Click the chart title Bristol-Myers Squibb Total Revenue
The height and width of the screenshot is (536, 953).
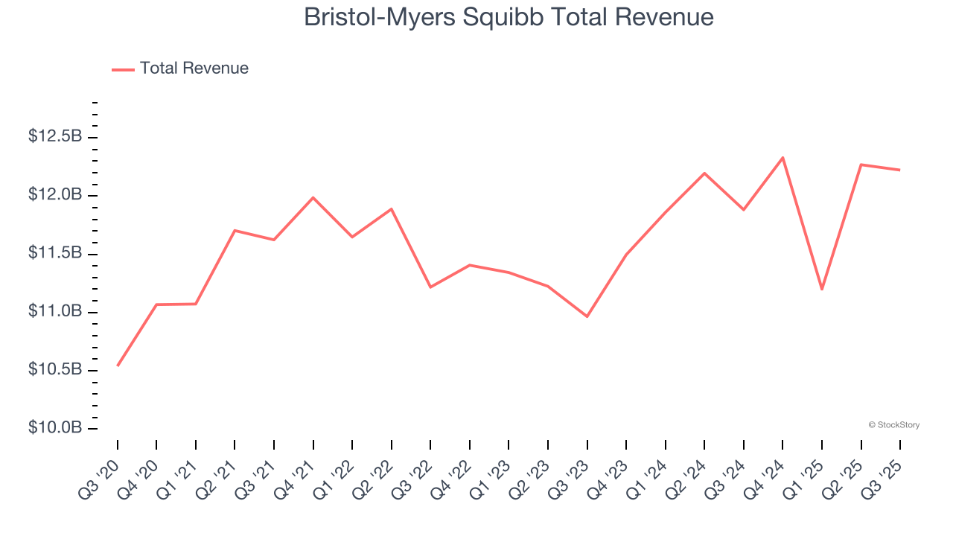tap(509, 17)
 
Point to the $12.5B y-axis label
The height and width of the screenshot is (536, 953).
tap(55, 137)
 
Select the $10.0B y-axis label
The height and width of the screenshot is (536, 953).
tap(55, 428)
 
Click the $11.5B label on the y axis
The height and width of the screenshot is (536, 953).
tap(55, 253)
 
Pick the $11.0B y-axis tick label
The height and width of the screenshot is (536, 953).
tap(55, 311)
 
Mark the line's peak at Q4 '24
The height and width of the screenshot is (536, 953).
tap(783, 158)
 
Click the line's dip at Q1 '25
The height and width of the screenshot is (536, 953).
tap(822, 289)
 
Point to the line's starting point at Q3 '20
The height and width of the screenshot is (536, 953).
tap(118, 366)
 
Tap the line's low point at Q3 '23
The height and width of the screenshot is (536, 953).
tap(587, 316)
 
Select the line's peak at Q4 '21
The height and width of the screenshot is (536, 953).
tap(313, 197)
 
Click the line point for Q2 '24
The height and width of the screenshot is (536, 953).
tap(704, 173)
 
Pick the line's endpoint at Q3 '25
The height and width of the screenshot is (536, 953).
tap(900, 170)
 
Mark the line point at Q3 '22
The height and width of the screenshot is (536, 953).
tap(430, 287)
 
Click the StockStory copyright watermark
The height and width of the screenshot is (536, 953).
tap(893, 425)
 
